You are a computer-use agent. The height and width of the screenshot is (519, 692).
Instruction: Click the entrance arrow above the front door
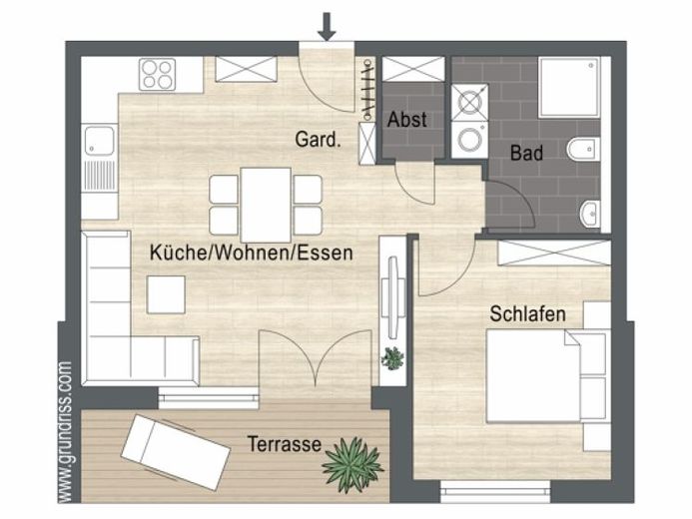327,27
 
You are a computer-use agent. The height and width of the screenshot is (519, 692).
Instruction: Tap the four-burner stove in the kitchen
157,75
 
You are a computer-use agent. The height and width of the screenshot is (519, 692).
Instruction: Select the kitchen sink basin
100,141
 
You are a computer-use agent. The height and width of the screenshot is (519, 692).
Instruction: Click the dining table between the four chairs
266,205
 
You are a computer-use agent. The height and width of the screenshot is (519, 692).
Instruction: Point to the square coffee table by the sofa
166,294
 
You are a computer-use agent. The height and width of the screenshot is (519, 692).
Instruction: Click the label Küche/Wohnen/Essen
251,254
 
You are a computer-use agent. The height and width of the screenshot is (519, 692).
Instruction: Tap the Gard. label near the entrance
318,140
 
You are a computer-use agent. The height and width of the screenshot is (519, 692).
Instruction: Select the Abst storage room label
406,120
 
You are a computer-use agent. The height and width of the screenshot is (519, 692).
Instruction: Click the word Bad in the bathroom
526,153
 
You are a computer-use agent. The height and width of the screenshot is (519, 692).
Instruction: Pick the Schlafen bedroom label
528,314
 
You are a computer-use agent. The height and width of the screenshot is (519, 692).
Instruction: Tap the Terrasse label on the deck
285,444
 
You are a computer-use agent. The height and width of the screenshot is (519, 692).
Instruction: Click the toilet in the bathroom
583,150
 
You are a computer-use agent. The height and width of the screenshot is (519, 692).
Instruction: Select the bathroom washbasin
590,215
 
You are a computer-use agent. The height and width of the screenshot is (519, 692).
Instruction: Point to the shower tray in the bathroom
569,87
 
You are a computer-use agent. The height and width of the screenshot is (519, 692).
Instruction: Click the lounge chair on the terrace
176,452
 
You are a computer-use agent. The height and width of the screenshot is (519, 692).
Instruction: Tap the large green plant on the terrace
352,465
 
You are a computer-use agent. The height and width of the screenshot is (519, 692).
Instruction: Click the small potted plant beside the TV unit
392,358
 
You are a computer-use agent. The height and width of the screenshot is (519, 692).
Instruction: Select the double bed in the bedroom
546,375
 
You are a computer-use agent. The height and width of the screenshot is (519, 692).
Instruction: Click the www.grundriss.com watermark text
65,432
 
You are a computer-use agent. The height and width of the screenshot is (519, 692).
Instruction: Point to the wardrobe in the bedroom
554,254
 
